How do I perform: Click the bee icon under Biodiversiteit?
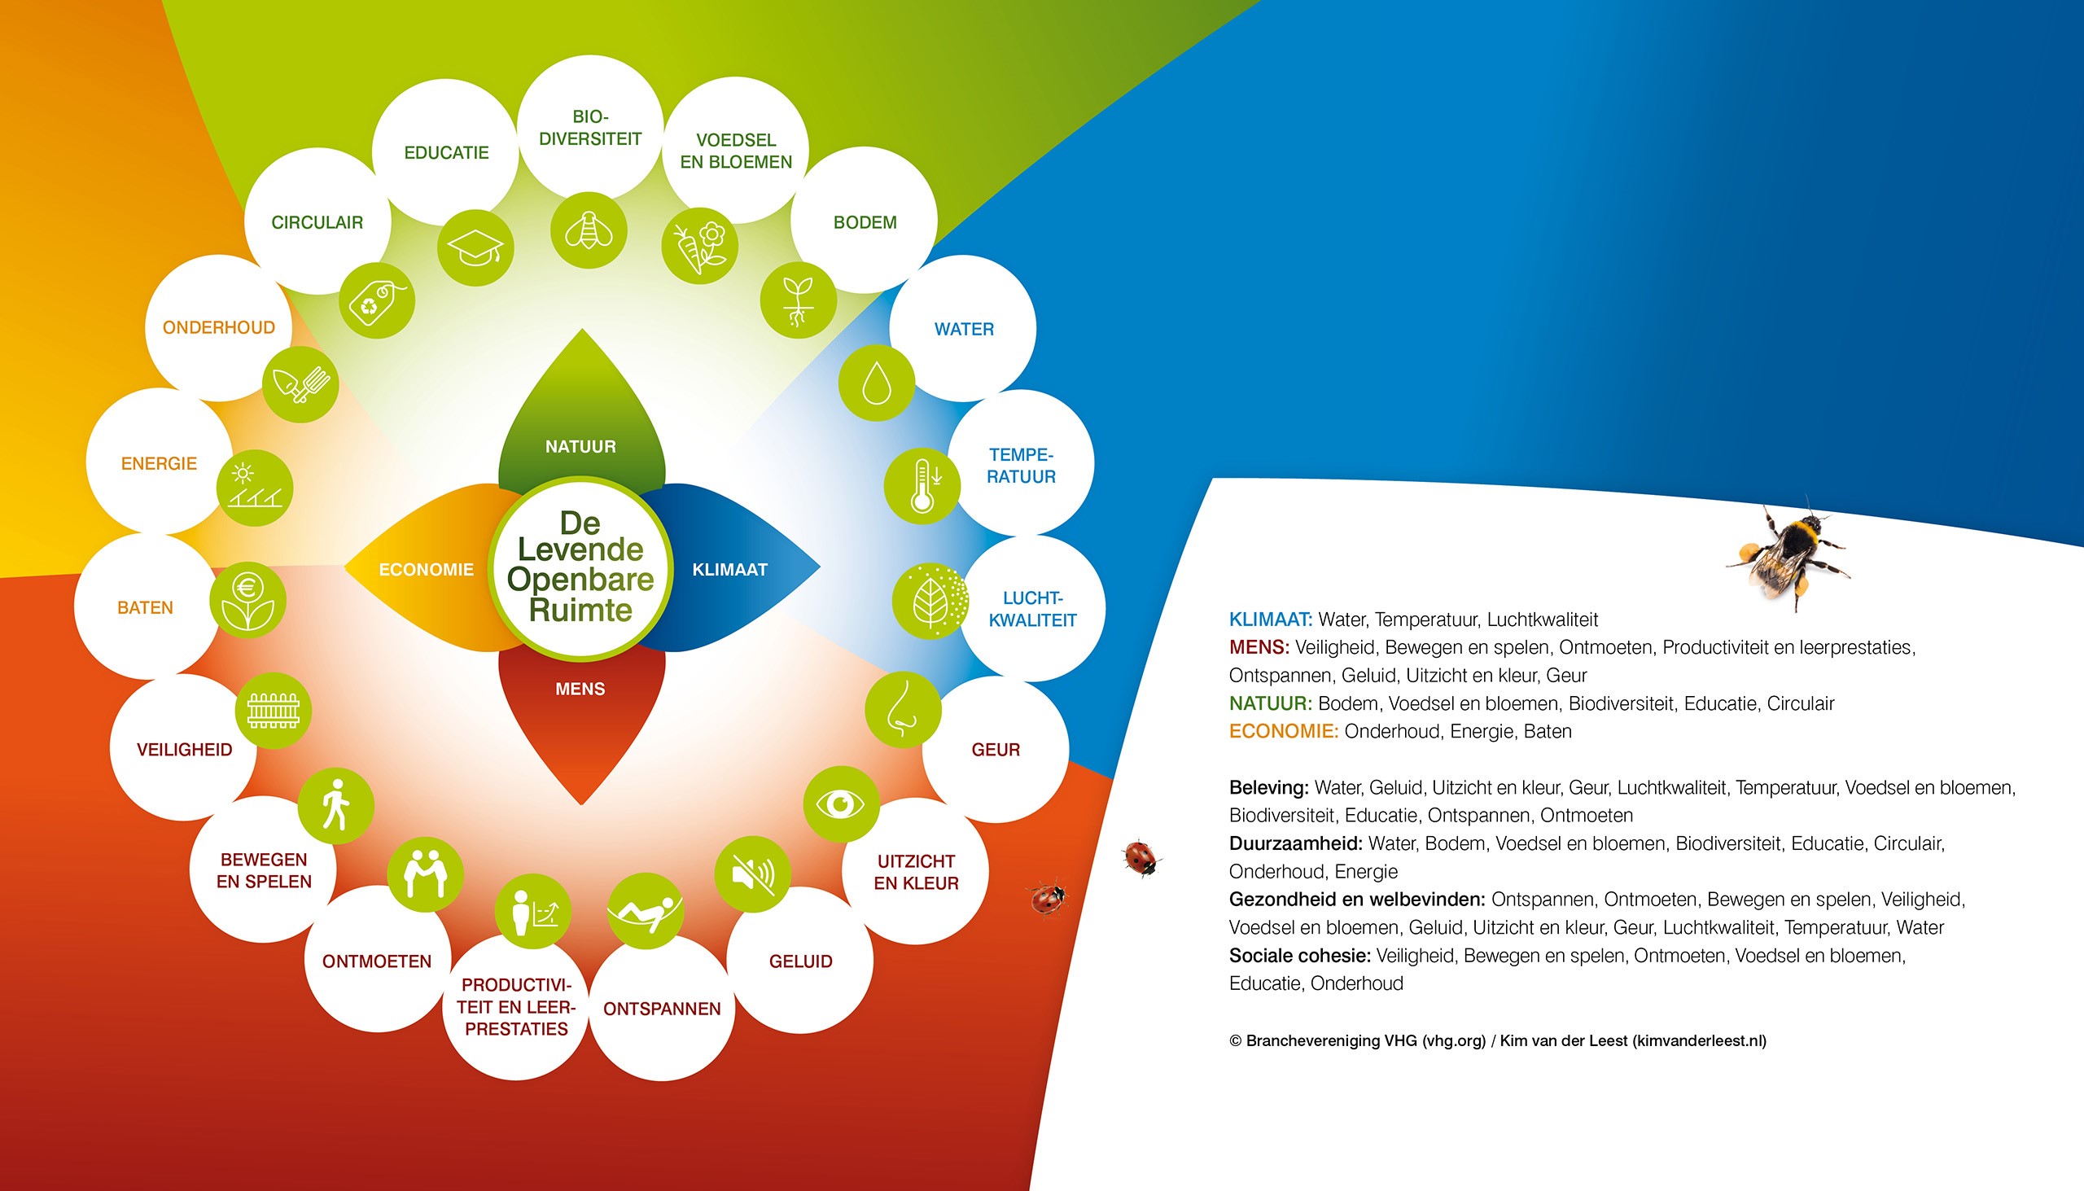(589, 230)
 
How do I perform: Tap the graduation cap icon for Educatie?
(475, 247)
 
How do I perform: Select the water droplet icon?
(877, 383)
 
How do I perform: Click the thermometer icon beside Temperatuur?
(922, 486)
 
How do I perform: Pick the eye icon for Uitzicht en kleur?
(841, 804)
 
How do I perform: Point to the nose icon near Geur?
(903, 708)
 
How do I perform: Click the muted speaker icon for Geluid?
(752, 874)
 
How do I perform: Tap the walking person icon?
(335, 806)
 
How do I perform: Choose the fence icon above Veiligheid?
(274, 710)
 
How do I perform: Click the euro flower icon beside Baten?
(247, 600)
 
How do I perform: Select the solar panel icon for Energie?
(254, 488)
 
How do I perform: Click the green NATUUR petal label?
(580, 447)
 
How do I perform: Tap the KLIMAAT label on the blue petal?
(729, 569)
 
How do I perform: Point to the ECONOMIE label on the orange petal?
(426, 569)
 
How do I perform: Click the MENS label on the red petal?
(580, 689)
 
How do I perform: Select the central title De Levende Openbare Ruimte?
(580, 566)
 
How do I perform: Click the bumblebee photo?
(1788, 554)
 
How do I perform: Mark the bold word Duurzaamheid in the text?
(1295, 843)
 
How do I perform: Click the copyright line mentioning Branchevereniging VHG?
(1498, 1040)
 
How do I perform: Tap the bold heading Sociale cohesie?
(1299, 955)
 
